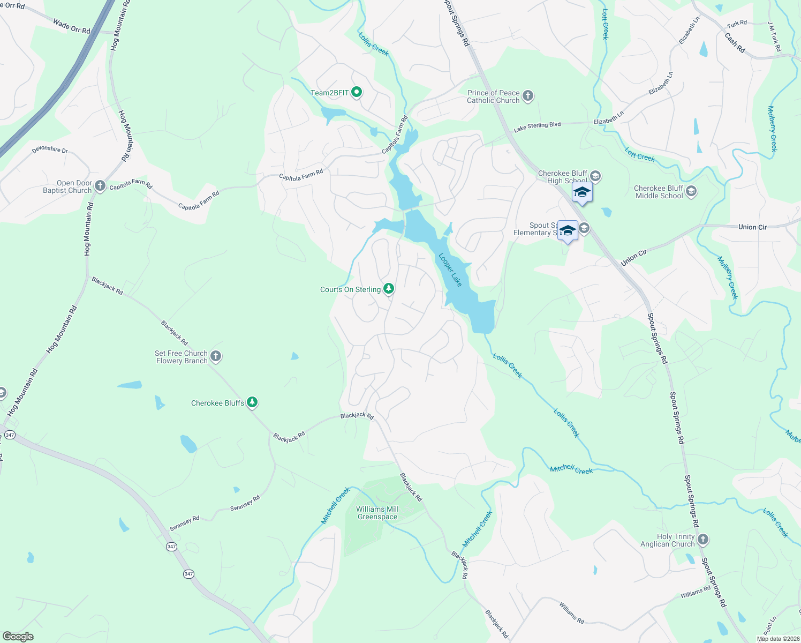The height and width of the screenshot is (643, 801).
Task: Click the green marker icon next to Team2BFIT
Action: tap(357, 93)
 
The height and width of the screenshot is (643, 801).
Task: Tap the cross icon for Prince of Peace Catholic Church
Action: tap(528, 96)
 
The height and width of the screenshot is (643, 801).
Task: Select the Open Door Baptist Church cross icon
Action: tap(100, 186)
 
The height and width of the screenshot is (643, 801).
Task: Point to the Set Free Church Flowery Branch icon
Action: tap(216, 356)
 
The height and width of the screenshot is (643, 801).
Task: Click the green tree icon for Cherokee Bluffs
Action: tap(252, 402)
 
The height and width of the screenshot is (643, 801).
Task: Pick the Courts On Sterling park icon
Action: tap(389, 289)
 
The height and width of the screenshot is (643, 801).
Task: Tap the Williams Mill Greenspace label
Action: tap(377, 513)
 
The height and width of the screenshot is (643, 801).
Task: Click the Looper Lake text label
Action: tap(450, 270)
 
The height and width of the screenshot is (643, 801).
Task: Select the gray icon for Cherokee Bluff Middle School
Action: tap(691, 191)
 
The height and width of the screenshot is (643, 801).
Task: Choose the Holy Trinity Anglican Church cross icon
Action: tap(703, 540)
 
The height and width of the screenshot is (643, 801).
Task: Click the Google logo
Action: tap(18, 636)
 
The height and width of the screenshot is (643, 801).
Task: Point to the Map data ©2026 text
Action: tap(777, 638)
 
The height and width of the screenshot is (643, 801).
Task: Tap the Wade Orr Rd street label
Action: tap(72, 26)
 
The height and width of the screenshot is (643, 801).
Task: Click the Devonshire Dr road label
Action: tap(50, 149)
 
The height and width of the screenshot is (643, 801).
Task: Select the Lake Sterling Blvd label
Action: tap(537, 127)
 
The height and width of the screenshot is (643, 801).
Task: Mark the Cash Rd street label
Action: tap(735, 43)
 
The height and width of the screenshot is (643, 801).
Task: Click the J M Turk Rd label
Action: tap(774, 37)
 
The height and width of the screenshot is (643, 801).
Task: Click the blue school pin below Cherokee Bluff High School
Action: tap(581, 193)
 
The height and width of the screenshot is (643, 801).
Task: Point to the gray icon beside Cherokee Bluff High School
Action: tap(595, 176)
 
